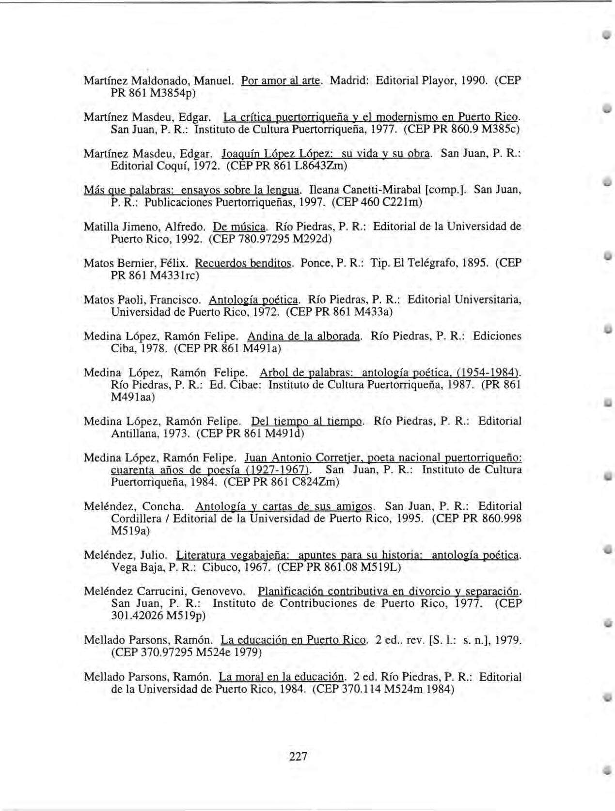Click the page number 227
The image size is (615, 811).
point(298,756)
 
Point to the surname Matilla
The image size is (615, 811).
point(100,227)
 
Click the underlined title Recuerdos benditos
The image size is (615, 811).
point(244,263)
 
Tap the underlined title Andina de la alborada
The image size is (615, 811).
point(304,336)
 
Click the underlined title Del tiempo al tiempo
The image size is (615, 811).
point(307,421)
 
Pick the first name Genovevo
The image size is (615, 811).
point(218,591)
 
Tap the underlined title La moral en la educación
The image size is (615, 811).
point(282,677)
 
